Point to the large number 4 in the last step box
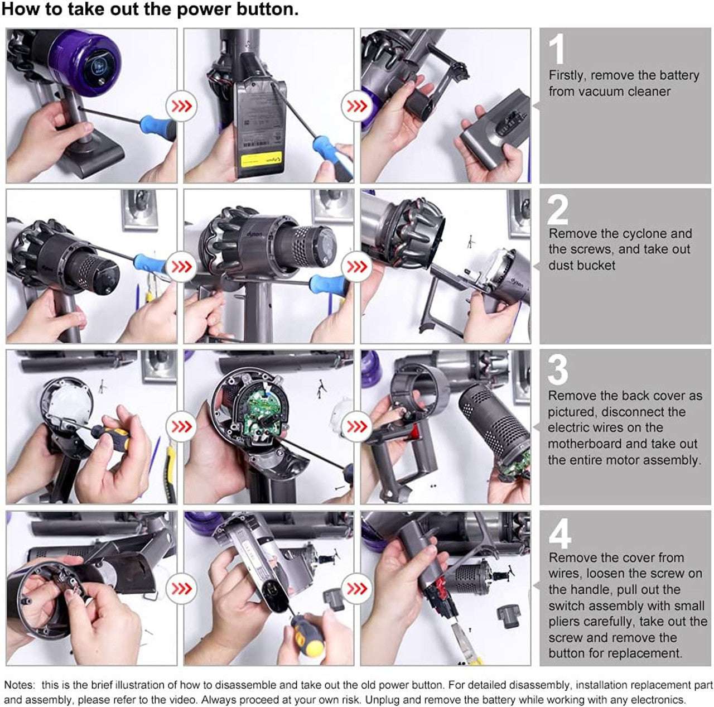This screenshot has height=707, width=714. point(559,533)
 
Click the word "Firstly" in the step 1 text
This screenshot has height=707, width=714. point(566,75)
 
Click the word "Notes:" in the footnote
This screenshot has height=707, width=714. point(20,685)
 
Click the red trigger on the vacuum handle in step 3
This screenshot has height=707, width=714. point(416,430)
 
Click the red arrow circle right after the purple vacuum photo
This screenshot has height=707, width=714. point(181,105)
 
